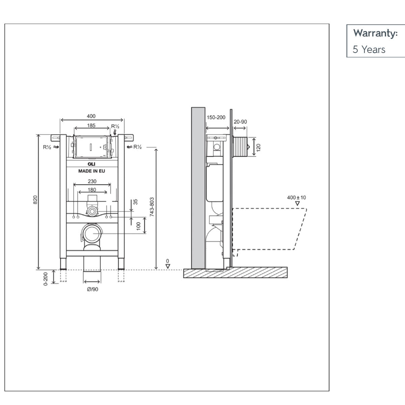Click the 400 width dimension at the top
pyautogui.click(x=91, y=116)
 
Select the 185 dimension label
pyautogui.click(x=91, y=126)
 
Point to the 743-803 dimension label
pyautogui.click(x=152, y=207)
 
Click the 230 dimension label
pyautogui.click(x=92, y=181)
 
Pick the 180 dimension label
pyautogui.click(x=92, y=190)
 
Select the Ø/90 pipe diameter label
pyautogui.click(x=92, y=289)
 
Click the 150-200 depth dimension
pyautogui.click(x=216, y=117)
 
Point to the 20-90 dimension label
pyautogui.click(x=240, y=122)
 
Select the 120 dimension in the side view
pyautogui.click(x=259, y=147)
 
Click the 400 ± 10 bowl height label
pyautogui.click(x=296, y=197)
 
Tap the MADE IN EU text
pyautogui.click(x=91, y=171)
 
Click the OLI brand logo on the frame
pyautogui.click(x=91, y=164)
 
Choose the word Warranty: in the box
pyautogui.click(x=375, y=33)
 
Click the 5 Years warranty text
pyautogui.click(x=369, y=50)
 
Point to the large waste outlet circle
pyautogui.click(x=91, y=234)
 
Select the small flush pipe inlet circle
pyautogui.click(x=91, y=212)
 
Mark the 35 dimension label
pyautogui.click(x=136, y=202)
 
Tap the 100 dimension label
pyautogui.click(x=138, y=226)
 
